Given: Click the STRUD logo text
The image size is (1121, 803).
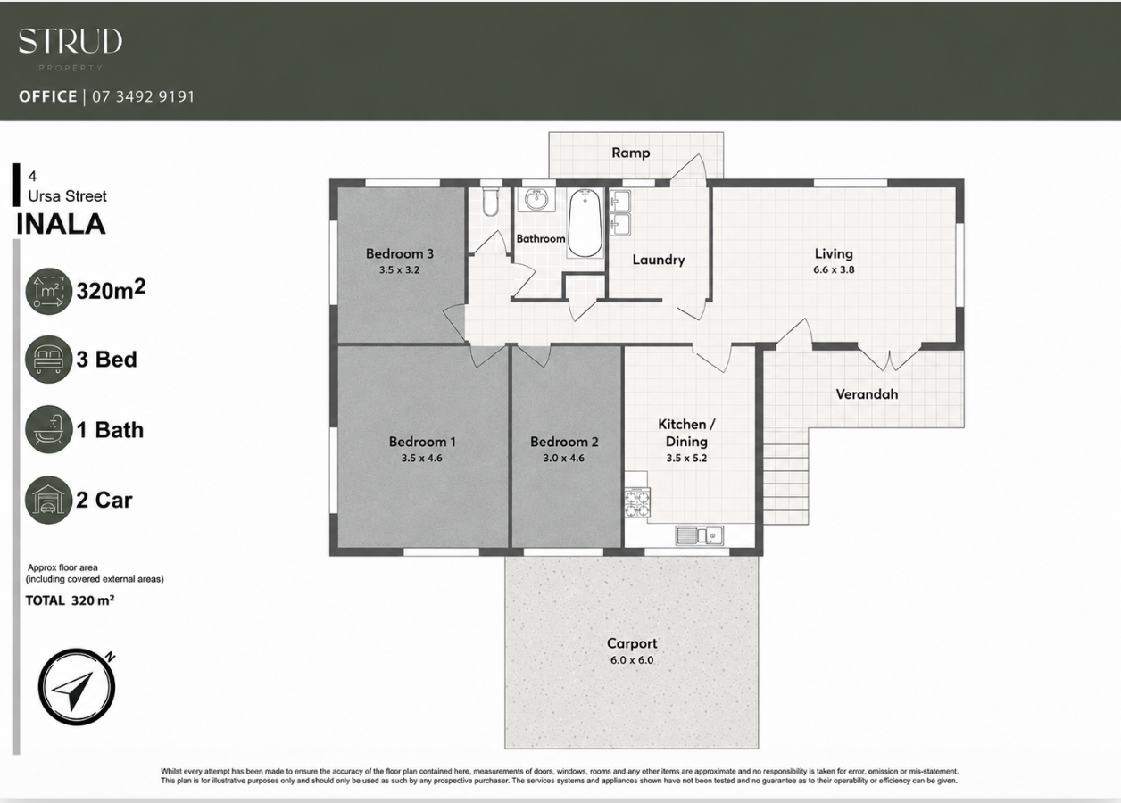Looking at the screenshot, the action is point(71,41).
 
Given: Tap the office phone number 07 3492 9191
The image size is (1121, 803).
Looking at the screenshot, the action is point(143,96).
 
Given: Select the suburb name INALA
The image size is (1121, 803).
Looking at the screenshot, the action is point(61,224).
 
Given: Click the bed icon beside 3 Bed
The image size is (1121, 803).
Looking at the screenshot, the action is point(48,360).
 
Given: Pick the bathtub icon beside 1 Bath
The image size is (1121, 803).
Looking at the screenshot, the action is point(48,429).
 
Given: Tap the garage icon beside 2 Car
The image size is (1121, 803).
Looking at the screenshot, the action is point(48,500).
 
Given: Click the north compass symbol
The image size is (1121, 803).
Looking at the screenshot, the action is point(77,686).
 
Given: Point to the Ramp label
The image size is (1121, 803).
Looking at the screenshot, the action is point(630,153).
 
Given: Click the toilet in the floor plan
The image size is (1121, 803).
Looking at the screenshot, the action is point(490,203).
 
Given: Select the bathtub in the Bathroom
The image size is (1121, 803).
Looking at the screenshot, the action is point(585,223).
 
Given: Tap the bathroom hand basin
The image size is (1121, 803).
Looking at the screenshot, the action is point(536,200).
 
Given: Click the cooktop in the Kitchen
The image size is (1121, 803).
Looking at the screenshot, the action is point(637,502).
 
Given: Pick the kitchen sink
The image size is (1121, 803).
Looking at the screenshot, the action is point(699,535).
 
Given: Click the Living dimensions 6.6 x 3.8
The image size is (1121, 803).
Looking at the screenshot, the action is point(834,269).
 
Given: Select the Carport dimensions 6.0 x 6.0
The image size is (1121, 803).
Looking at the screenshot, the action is point(632,660).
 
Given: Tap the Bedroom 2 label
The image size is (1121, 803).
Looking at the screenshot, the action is point(564,442).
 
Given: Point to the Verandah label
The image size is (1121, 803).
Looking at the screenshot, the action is point(867,394).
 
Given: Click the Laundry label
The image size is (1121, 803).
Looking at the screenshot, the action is point(658,260).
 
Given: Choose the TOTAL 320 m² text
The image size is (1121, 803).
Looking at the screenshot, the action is point(70,600).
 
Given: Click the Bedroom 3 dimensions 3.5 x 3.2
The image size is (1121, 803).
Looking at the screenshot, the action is point(399,269).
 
